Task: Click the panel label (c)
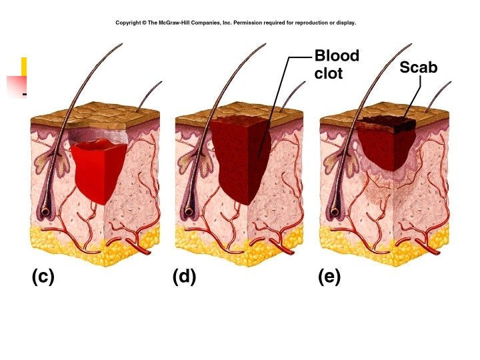coord(43,277)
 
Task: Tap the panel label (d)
coord(184,277)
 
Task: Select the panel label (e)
coord(329,277)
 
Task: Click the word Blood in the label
coord(336,55)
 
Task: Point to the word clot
coord(328,73)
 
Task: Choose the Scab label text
coord(418,67)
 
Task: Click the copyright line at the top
coord(236,23)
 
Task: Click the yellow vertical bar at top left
coord(23,67)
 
